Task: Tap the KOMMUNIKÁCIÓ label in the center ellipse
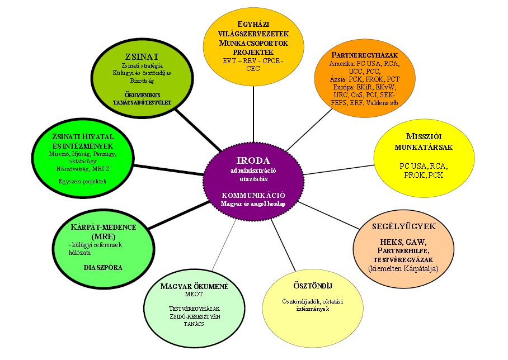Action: (x=253, y=195)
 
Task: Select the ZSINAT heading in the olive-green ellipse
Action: (x=142, y=57)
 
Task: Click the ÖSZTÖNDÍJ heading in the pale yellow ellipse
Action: (x=313, y=286)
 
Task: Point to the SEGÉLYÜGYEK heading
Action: (x=404, y=226)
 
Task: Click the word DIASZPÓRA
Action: (x=103, y=268)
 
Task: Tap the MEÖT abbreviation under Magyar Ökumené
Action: (x=194, y=294)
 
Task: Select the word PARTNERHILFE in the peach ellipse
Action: (x=403, y=251)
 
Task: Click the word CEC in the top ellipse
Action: (x=253, y=69)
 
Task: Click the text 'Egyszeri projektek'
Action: (x=83, y=181)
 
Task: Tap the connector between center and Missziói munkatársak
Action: (x=339, y=170)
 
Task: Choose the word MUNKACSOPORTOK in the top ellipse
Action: (x=253, y=43)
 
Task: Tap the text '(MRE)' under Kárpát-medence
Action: (x=104, y=236)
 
